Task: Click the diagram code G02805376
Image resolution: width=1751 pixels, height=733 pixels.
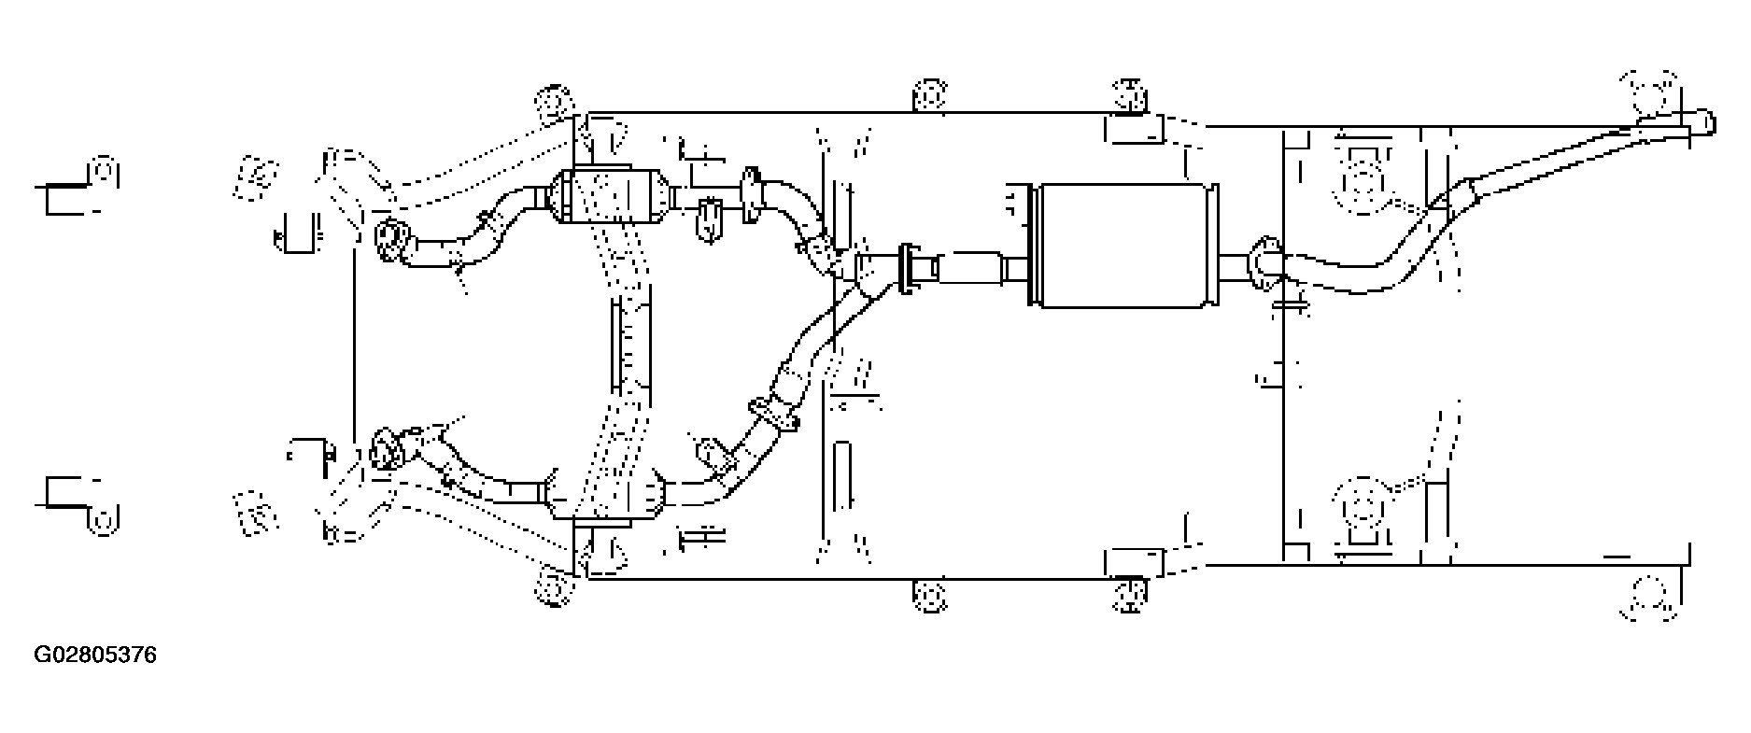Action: click(95, 655)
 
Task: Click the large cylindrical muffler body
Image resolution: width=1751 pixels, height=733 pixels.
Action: click(1123, 244)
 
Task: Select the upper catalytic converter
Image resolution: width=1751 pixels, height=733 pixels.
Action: click(610, 196)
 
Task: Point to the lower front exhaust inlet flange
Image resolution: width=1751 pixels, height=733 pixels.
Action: click(386, 449)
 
